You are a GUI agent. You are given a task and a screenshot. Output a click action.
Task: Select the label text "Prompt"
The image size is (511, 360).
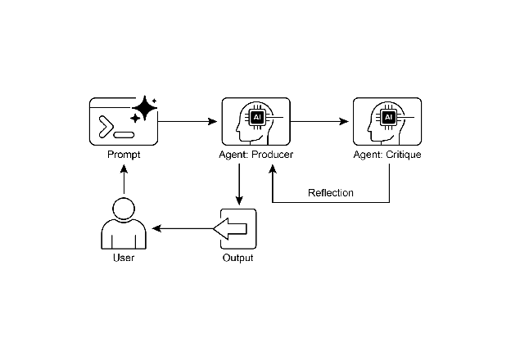pos(123,155)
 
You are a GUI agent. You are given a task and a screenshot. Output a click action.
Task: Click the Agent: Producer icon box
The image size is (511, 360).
pos(256,122)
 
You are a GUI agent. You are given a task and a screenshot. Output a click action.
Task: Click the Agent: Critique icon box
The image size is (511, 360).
pos(387,122)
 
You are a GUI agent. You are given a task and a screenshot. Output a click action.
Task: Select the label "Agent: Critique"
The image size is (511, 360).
pos(387,155)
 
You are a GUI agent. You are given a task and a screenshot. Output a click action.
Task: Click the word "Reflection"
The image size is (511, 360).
pos(331,193)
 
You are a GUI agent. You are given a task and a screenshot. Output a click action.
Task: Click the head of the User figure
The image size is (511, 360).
pos(123,208)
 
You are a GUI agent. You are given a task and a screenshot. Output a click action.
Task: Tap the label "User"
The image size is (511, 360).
pos(123,259)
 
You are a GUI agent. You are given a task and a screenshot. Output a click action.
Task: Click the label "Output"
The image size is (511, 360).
pos(238,259)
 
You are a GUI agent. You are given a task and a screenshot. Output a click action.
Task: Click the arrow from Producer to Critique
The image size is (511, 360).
pos(319,122)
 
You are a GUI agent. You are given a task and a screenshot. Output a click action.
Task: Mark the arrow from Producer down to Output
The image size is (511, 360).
pos(238,184)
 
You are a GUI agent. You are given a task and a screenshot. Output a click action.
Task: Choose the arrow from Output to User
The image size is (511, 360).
pos(184,228)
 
